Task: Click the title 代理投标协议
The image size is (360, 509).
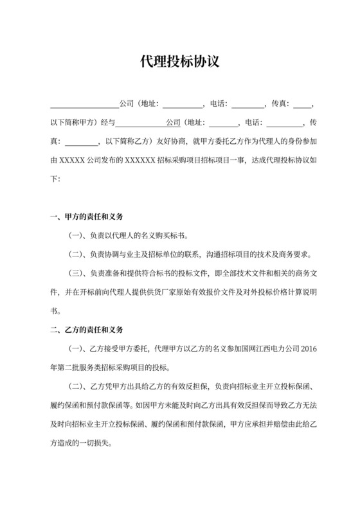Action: pos(180,62)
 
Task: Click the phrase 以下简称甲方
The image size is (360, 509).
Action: pos(73,121)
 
